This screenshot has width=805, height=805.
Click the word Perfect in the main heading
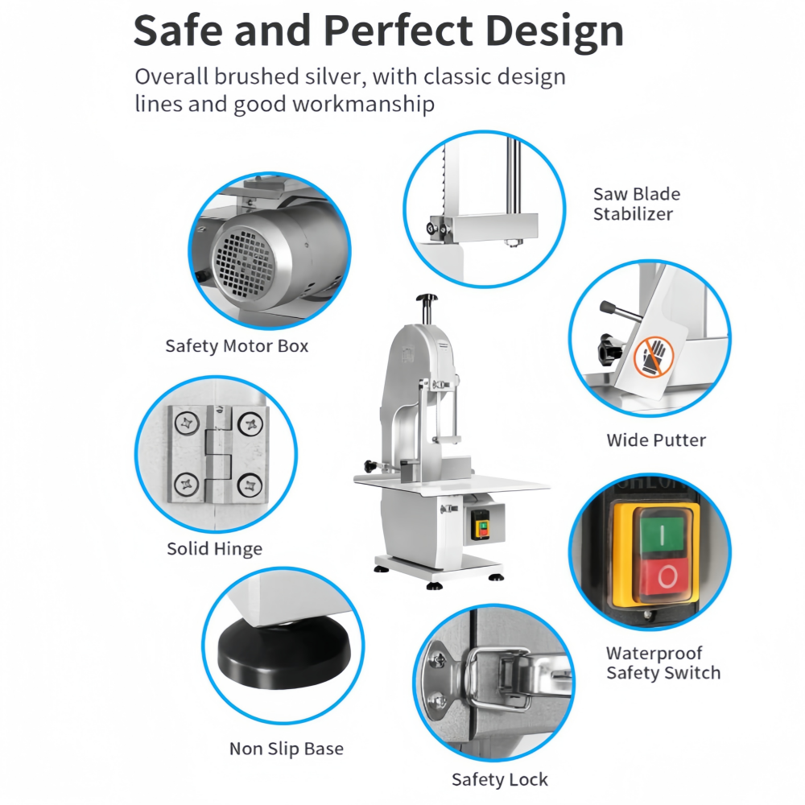coord(398,31)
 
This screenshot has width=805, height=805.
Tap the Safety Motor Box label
coord(237,346)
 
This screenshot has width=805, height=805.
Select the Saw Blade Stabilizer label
coord(637,204)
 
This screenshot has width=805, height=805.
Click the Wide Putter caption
coord(656,440)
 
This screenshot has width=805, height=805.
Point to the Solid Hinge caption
coord(215,549)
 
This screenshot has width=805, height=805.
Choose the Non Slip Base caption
coord(287,749)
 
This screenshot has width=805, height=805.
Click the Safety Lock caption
coord(500,779)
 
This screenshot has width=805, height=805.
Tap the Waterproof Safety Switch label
coord(663,663)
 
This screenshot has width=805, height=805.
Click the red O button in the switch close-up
coord(667,576)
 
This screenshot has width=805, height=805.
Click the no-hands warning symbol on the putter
coord(653,357)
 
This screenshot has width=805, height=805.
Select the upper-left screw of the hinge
coord(187,424)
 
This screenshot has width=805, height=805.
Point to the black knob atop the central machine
coord(427,298)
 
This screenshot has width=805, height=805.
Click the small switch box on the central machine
coord(482,525)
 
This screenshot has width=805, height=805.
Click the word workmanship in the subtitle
coord(364,105)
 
